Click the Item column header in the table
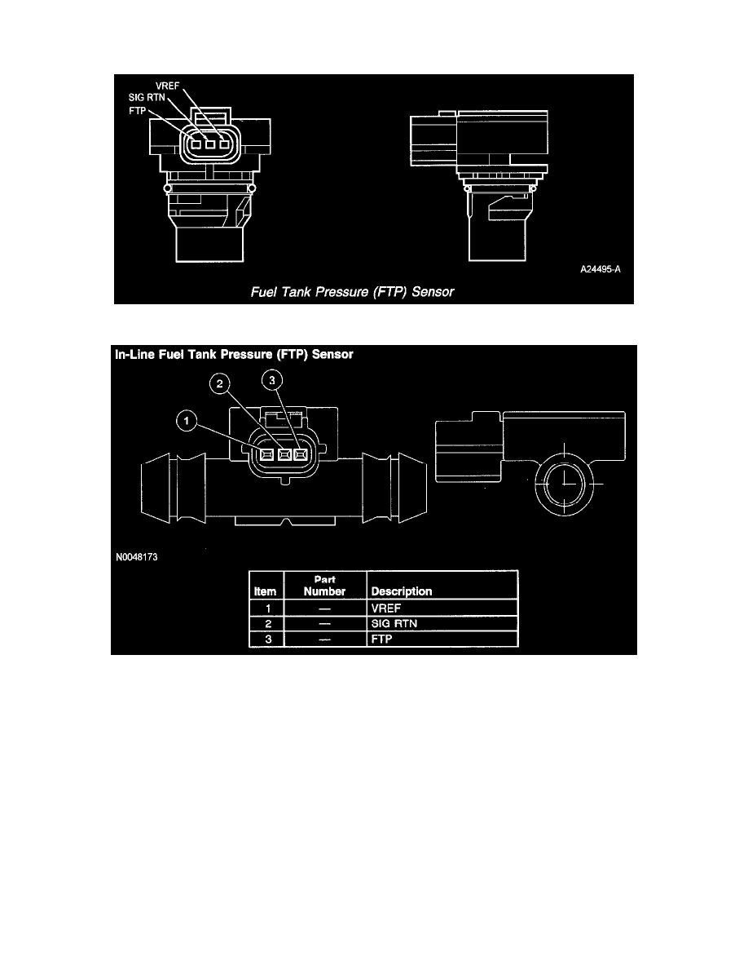pos(266,591)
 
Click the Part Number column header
pos(324,586)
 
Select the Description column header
pos(401,591)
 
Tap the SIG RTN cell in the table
pos(392,624)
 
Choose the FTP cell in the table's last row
pos(381,639)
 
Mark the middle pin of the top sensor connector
pos(209,147)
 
